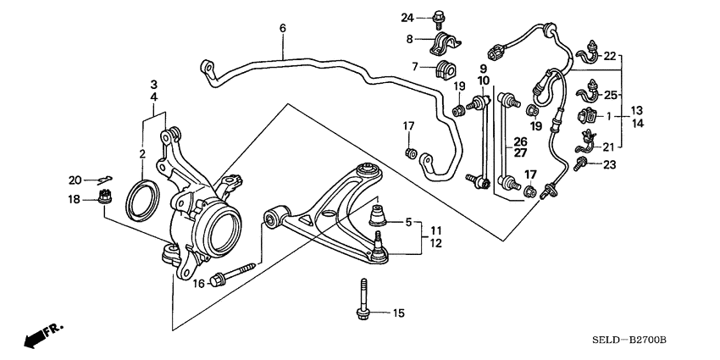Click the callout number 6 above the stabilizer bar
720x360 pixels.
pyautogui.click(x=282, y=28)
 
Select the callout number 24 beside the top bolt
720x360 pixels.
pyautogui.click(x=407, y=17)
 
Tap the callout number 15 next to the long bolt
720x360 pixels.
pyautogui.click(x=397, y=313)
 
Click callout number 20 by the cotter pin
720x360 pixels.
pyautogui.click(x=75, y=179)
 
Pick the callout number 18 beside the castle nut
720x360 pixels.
pyautogui.click(x=75, y=199)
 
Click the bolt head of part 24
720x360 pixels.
pyautogui.click(x=438, y=14)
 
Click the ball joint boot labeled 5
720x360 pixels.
pyautogui.click(x=378, y=216)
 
